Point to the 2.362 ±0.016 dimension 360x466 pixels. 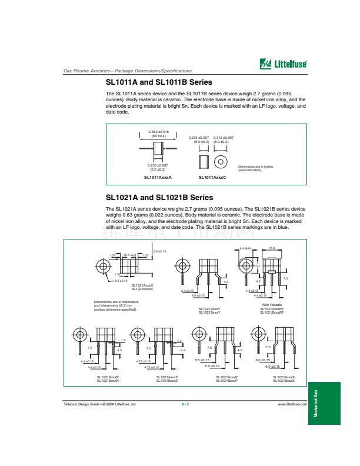coord(158,132)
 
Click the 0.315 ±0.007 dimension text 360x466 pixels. coord(224,137)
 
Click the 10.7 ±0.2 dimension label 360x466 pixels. coord(129,255)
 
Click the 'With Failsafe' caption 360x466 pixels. coord(272,305)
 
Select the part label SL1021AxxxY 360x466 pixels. coord(209,308)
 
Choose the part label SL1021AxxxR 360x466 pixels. coord(108,377)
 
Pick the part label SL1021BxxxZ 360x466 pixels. coord(167,381)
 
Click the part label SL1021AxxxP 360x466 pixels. coord(226,377)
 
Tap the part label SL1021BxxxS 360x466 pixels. coord(284,381)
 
